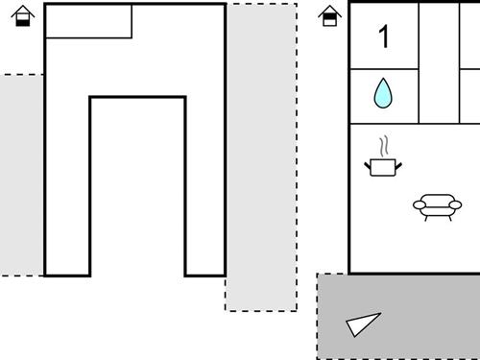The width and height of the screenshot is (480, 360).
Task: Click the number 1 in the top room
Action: point(384,36)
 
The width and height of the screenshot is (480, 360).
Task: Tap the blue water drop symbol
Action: point(383,93)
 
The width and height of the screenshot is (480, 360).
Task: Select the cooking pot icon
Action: point(383,167)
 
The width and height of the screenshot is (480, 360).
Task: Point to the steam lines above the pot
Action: point(384,146)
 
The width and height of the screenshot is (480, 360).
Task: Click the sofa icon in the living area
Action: point(438,207)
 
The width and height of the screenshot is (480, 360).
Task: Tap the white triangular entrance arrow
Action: point(362,324)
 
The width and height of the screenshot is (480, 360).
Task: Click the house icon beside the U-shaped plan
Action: point(23,15)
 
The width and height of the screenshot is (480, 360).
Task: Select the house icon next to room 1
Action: point(330,15)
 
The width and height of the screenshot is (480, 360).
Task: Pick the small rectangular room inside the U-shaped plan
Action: point(89,21)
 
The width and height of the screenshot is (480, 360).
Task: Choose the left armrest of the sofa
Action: point(420,204)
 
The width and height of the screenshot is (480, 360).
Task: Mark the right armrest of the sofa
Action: point(455,204)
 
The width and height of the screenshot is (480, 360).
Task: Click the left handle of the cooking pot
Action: point(368,166)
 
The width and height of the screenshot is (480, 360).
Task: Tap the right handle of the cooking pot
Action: point(398,166)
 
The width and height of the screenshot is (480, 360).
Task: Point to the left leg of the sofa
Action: point(426,218)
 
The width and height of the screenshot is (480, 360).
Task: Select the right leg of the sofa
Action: point(449,218)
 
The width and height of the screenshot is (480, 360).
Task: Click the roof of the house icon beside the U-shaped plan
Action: point(23,12)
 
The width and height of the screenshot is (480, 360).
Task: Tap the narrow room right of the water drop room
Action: point(439,63)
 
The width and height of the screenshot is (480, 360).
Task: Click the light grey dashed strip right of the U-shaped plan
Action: point(261,156)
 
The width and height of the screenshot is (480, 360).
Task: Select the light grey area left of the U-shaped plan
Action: point(21,175)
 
